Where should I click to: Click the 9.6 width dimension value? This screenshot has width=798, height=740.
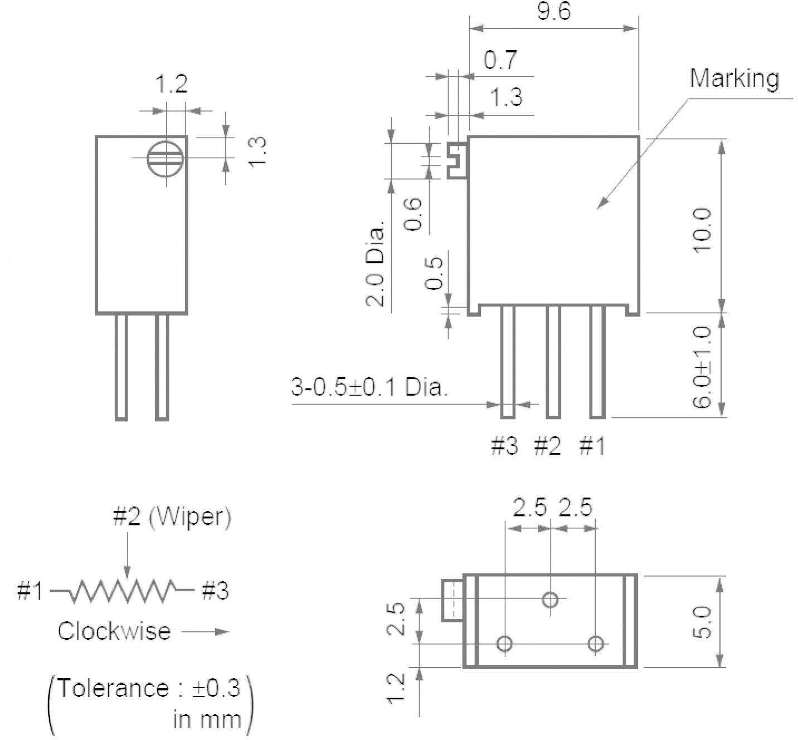[x=553, y=11]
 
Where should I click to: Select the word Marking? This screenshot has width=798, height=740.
[x=734, y=79]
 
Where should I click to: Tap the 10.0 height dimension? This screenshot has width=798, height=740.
[x=702, y=230]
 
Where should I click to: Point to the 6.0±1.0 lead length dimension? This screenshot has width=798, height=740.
[x=702, y=367]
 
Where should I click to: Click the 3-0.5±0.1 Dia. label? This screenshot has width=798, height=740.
[x=369, y=387]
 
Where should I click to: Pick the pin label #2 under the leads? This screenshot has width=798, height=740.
[x=547, y=446]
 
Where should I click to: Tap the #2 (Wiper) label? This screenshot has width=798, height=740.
[x=171, y=517]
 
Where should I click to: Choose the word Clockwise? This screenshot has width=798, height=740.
[x=114, y=631]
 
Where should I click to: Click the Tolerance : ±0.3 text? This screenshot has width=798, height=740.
[x=149, y=689]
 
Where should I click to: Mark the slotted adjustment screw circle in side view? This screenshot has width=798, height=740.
[x=165, y=159]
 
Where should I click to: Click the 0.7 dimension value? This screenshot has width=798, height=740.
[x=500, y=60]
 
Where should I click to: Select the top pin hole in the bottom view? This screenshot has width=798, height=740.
[x=550, y=600]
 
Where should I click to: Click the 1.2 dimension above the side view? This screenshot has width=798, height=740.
[x=171, y=85]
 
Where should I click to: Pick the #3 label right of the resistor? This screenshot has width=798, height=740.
[x=215, y=591]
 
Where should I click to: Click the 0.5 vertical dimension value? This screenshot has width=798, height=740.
[x=434, y=273]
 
